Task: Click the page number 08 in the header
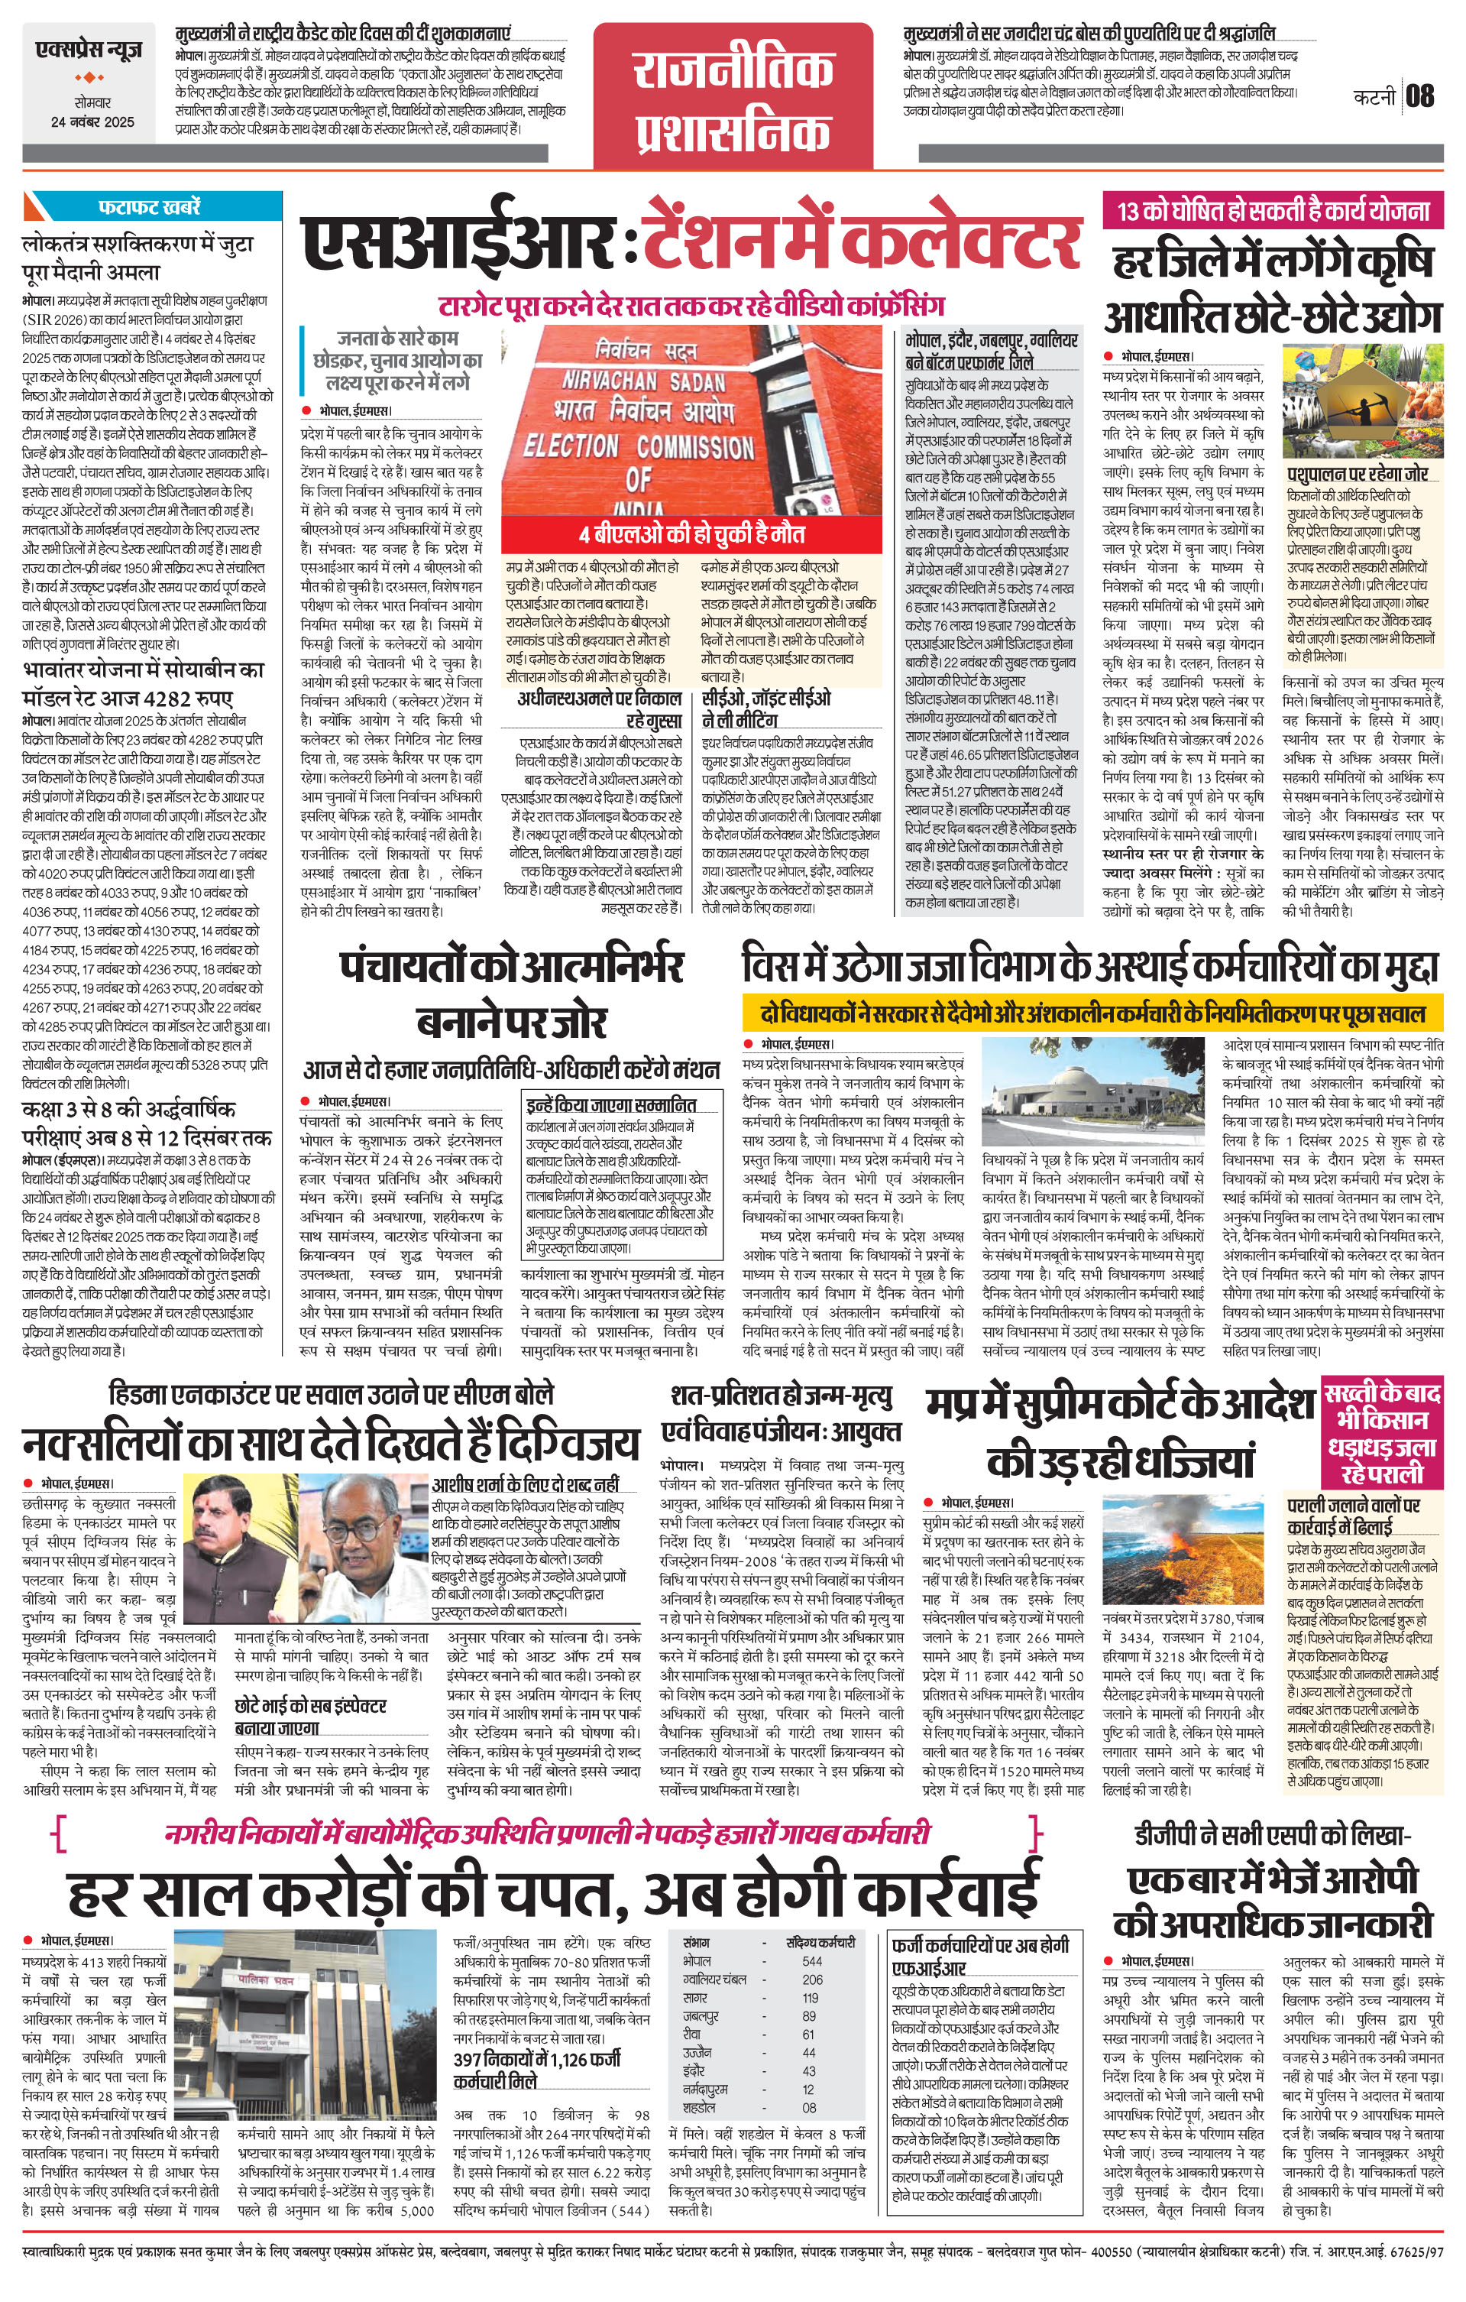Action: (1420, 96)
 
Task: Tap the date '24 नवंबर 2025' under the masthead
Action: (92, 122)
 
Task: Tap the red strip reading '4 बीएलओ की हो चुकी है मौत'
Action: (692, 533)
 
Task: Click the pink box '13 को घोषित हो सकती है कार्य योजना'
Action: (1273, 210)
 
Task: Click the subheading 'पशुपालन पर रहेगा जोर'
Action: (1356, 473)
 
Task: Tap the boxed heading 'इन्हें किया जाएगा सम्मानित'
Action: (610, 1104)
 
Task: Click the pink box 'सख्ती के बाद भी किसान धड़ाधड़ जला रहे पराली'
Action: (1381, 1431)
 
